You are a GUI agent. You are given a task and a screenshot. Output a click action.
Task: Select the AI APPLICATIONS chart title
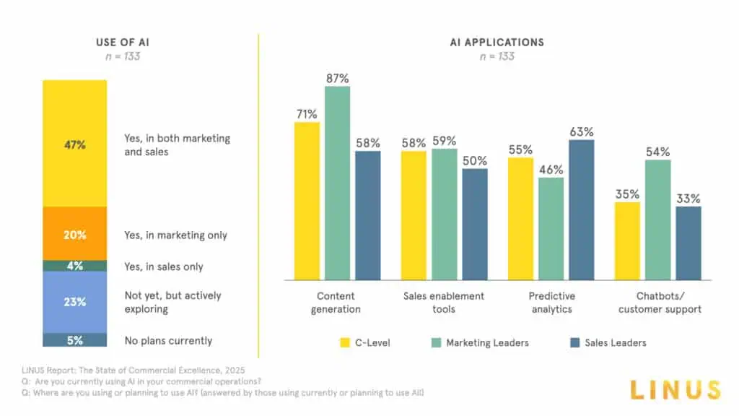[x=497, y=42]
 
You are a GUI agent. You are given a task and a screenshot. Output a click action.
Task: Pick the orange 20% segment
[x=74, y=235]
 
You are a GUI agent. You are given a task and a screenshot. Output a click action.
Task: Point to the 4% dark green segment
[x=74, y=266]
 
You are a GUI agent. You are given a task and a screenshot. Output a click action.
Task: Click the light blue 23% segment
[x=74, y=302]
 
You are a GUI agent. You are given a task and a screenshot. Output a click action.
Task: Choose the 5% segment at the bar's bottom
[x=74, y=340]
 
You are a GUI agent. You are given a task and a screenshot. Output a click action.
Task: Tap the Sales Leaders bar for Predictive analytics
[x=582, y=209]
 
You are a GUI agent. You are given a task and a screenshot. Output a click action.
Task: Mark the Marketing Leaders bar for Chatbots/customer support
[x=657, y=220]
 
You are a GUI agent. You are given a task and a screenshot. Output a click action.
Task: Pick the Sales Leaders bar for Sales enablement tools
[x=475, y=224]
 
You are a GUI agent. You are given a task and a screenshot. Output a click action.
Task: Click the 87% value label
[x=338, y=78]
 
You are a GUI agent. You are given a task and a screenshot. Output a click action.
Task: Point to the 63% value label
[x=582, y=131]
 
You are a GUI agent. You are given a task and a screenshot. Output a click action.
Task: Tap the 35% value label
[x=627, y=194]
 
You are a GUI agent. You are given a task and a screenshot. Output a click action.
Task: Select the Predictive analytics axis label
[x=551, y=303]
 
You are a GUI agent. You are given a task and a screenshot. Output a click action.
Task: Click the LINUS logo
[x=675, y=390]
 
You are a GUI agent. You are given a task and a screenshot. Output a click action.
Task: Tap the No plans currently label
[x=168, y=340]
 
